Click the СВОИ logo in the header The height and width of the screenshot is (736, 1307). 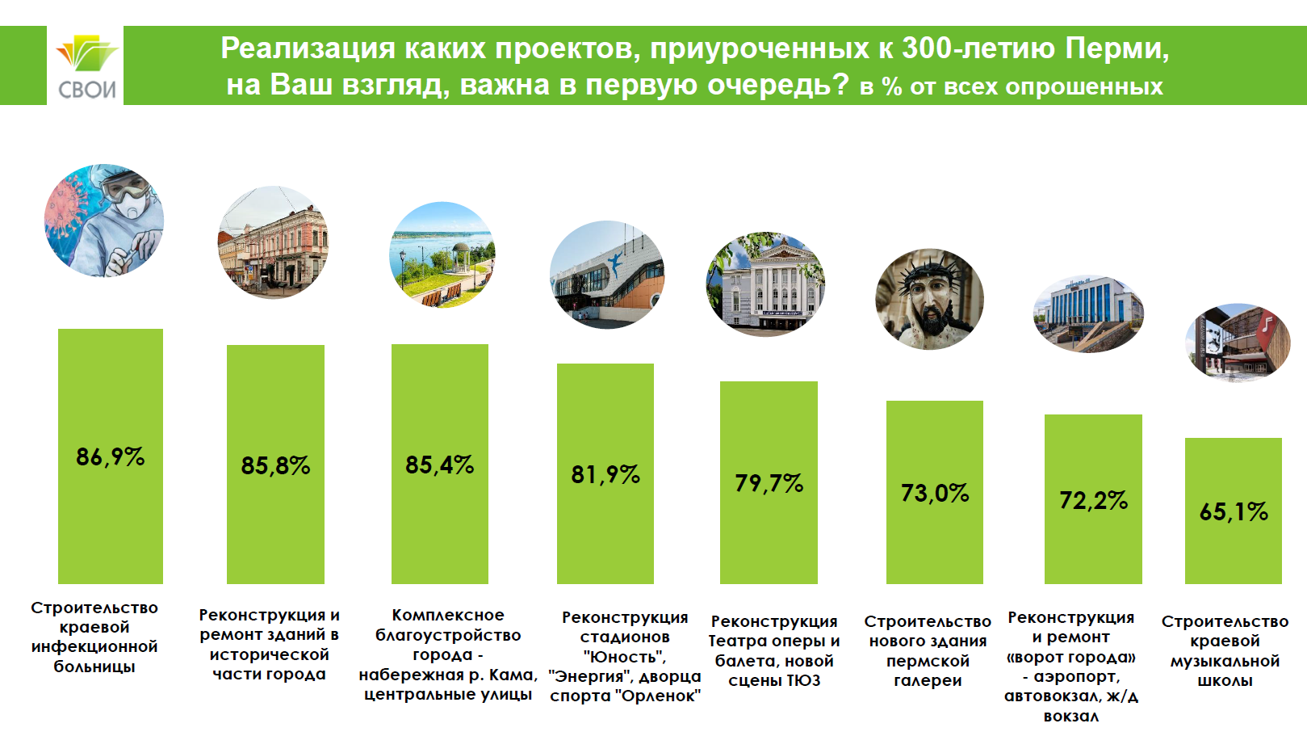click(x=86, y=66)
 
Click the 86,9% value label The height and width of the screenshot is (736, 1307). click(x=111, y=456)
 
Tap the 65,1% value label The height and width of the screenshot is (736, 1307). click(x=1234, y=511)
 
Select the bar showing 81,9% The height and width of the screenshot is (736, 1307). click(x=605, y=473)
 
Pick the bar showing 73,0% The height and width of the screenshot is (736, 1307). click(x=935, y=493)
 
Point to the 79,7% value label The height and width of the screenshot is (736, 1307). click(x=769, y=483)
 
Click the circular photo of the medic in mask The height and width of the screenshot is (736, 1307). click(x=104, y=221)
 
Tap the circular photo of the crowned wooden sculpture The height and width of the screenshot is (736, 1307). click(x=929, y=299)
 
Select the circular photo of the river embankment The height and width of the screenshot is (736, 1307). click(x=442, y=254)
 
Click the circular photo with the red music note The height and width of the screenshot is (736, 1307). click(x=1238, y=343)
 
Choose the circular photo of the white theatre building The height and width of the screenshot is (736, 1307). click(x=765, y=284)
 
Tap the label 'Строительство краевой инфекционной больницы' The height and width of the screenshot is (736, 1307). click(x=94, y=637)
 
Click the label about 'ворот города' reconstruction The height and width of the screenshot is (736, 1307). click(x=1071, y=667)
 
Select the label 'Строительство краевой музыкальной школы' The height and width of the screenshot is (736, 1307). click(x=1225, y=650)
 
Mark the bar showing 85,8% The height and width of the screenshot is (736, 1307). click(x=275, y=465)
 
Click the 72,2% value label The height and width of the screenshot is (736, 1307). click(x=1093, y=501)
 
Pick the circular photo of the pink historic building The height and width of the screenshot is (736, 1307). click(x=273, y=242)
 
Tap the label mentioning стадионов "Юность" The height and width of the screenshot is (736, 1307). click(x=625, y=657)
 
